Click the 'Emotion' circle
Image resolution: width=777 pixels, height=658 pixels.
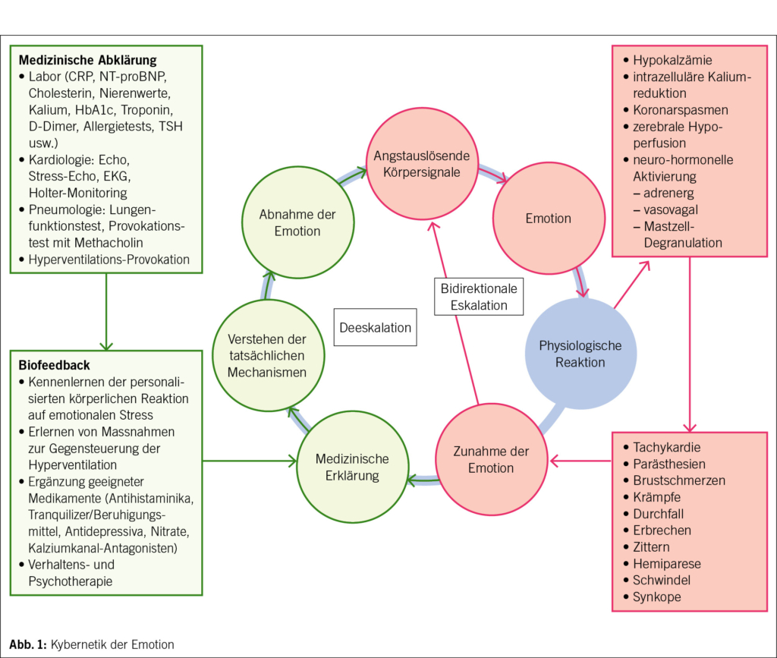[548, 219]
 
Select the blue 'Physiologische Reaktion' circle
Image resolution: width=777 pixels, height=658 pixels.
[580, 354]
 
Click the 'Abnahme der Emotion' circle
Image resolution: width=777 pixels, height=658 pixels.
[297, 222]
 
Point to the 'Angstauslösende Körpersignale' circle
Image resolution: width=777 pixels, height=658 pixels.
[422, 164]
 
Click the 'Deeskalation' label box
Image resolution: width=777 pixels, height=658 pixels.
[376, 328]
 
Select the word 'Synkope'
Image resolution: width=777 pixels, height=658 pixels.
[657, 597]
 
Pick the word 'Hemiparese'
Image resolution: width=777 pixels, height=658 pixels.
[667, 564]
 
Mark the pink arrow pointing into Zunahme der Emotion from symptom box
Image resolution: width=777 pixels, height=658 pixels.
[580, 460]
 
